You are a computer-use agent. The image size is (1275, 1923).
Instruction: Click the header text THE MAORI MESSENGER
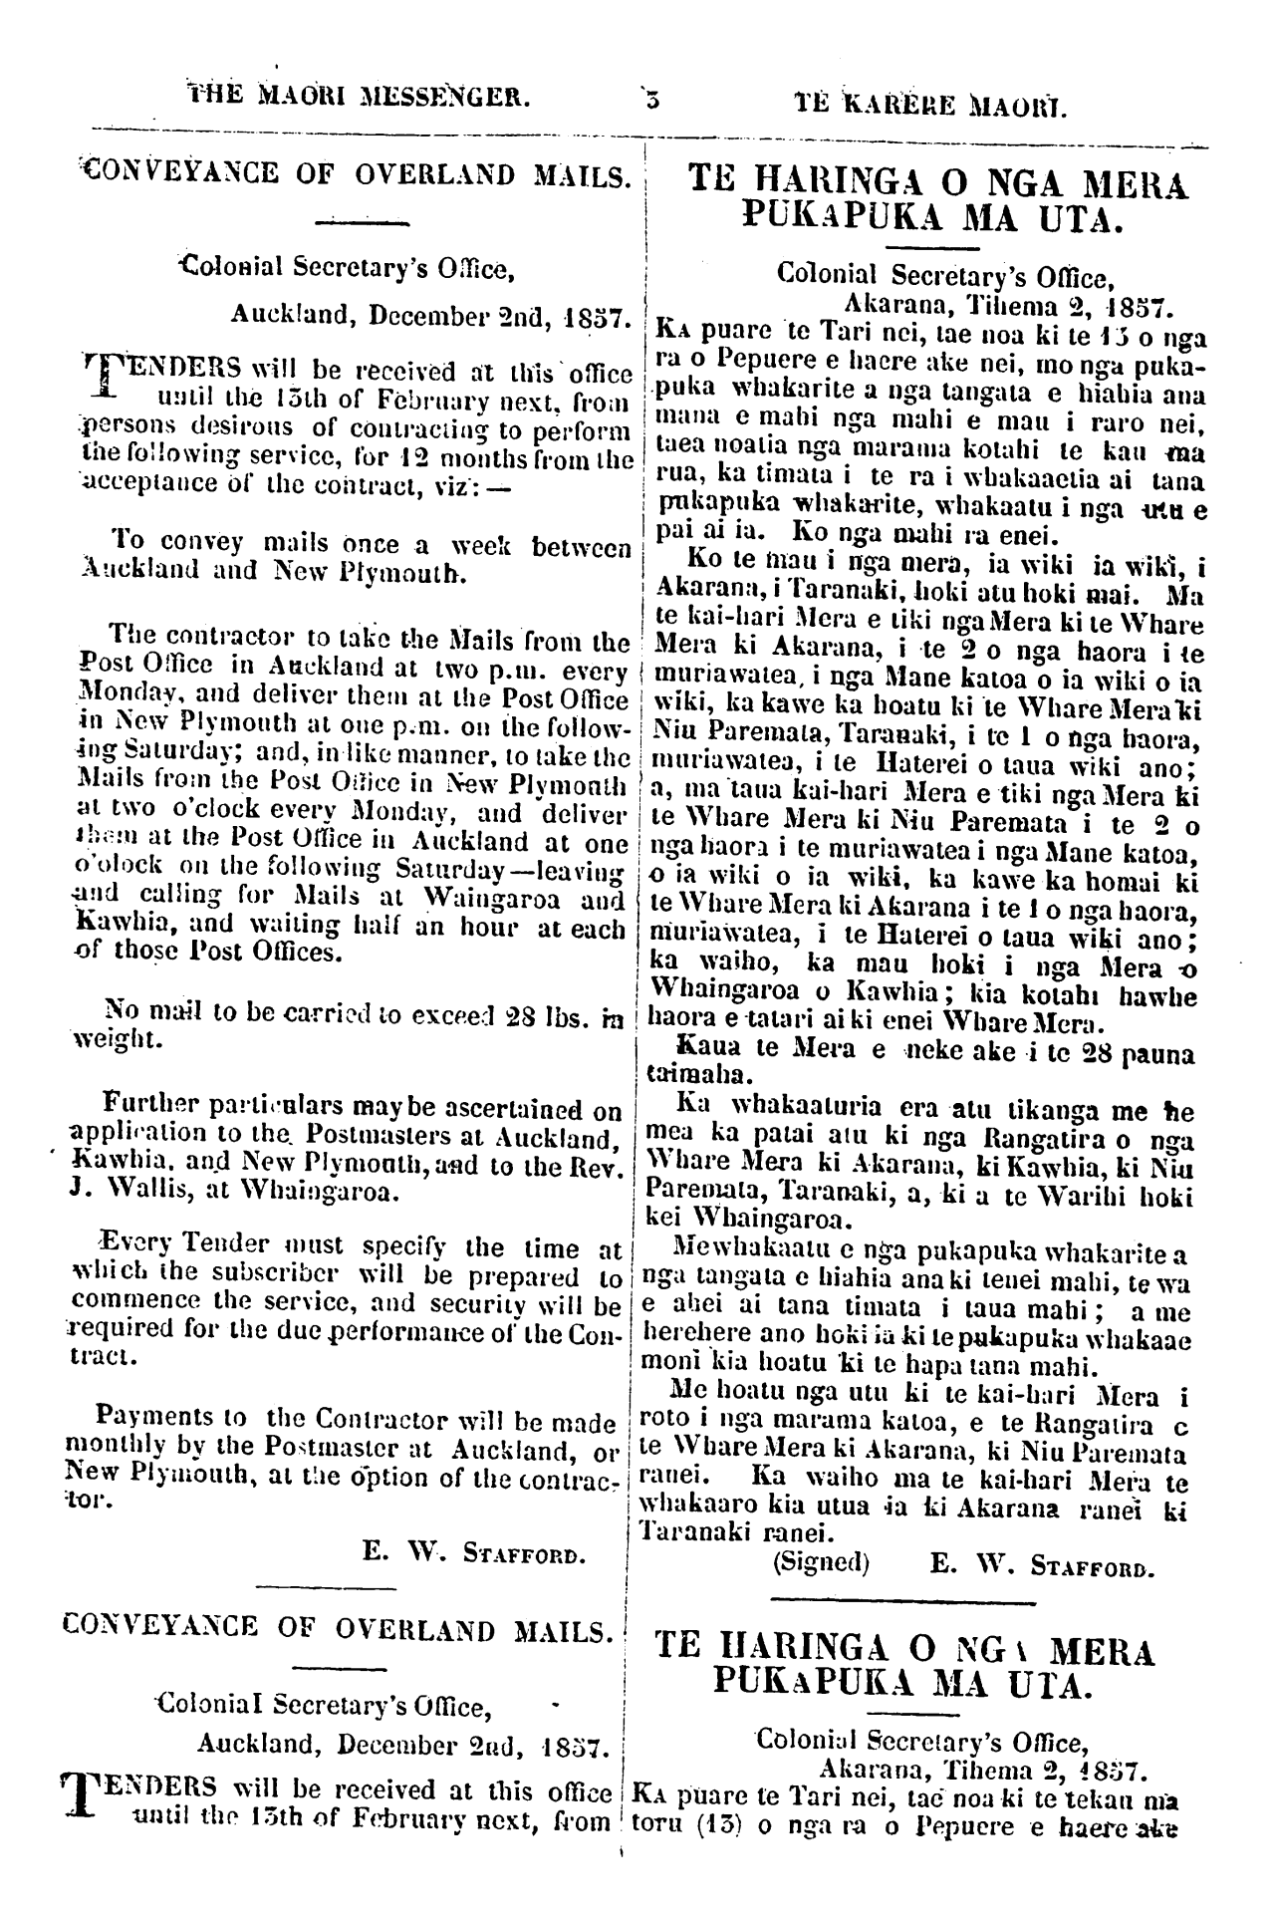click(359, 98)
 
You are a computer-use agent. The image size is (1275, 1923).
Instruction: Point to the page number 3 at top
click(650, 99)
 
